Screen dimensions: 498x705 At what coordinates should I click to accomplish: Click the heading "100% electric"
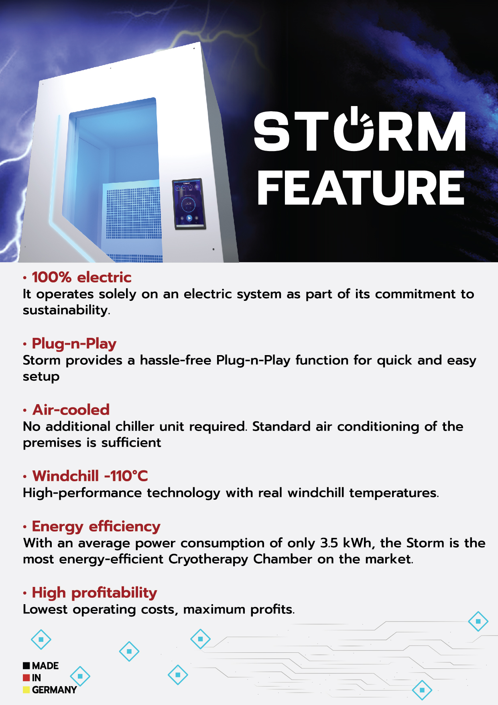[81, 277]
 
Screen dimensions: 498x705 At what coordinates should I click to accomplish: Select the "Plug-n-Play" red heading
[74, 344]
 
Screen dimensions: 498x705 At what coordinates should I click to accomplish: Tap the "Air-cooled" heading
[71, 410]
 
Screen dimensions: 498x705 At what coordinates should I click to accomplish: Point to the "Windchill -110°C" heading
[90, 476]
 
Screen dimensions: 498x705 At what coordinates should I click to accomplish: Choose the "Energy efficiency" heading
[96, 527]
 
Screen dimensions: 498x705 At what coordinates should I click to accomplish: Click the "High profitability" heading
[95, 593]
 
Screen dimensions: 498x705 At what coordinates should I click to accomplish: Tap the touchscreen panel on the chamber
[189, 204]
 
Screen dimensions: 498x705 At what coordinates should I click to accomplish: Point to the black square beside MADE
[26, 666]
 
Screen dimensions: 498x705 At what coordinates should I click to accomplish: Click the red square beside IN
[26, 678]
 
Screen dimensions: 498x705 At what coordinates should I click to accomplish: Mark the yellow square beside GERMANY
[26, 690]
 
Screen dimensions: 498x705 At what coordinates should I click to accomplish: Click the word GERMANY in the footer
[54, 690]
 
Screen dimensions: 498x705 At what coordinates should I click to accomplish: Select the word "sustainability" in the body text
[65, 310]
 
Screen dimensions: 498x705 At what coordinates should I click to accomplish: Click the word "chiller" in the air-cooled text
[135, 426]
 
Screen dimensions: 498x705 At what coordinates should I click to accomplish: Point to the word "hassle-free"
[175, 360]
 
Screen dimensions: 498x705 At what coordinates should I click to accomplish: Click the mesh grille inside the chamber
[132, 211]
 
